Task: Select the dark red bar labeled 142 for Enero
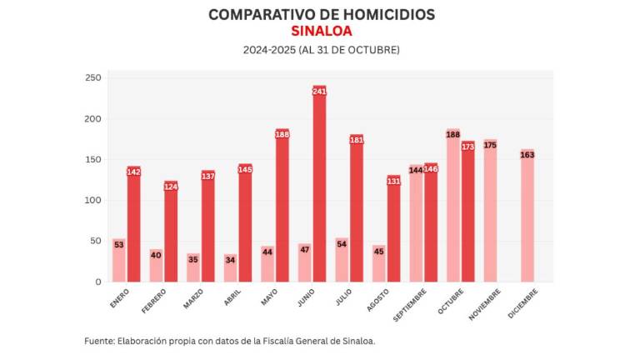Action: (x=133, y=225)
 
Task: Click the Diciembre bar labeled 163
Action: (x=527, y=216)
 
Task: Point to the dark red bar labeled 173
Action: (x=467, y=212)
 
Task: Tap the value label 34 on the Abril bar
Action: (x=230, y=259)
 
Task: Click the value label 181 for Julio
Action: (x=357, y=140)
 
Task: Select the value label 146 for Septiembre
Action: (x=431, y=169)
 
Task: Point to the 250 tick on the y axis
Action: (x=92, y=77)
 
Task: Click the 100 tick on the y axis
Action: (x=92, y=200)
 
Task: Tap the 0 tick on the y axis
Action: (x=97, y=282)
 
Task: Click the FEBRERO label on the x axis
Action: (x=155, y=299)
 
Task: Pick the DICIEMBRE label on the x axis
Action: (x=523, y=302)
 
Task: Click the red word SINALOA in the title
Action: (x=321, y=31)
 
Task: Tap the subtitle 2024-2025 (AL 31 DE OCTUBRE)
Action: (x=321, y=50)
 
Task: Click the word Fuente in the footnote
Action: (x=101, y=341)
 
